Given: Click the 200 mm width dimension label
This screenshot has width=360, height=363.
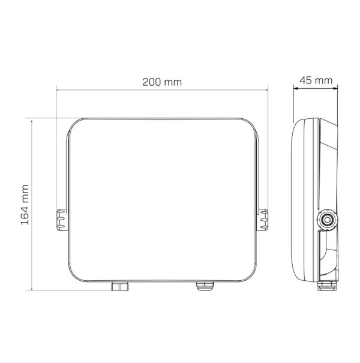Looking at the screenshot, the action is click(162, 82).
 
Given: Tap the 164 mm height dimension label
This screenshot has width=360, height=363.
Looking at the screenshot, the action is click(25, 205).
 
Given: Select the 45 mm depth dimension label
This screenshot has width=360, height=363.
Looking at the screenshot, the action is click(316, 80).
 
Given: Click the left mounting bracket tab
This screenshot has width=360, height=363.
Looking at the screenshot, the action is click(62, 220).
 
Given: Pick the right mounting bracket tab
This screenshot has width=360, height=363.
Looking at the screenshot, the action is click(263, 220).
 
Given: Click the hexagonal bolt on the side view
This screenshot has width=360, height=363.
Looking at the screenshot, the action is click(327, 220).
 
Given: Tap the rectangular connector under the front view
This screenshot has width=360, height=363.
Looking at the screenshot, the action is click(120, 286).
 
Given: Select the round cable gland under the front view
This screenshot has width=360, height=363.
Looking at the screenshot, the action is click(205, 286).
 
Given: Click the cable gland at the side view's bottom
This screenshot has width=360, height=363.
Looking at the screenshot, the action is click(327, 286).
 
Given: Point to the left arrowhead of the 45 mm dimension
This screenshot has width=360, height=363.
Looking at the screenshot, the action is click(296, 88).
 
